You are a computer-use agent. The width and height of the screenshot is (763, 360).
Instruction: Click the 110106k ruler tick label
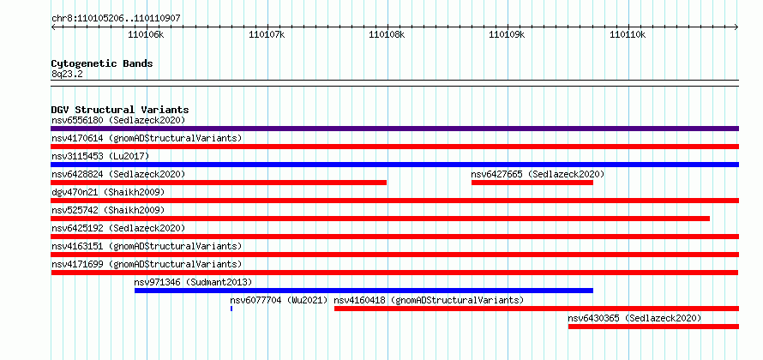146,34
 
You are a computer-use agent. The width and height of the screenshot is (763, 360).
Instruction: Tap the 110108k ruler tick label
387,34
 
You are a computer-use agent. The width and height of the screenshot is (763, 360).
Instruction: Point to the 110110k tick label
628,34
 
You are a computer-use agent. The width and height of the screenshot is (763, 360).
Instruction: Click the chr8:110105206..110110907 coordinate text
116,19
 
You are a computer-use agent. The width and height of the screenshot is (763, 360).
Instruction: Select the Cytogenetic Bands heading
102,63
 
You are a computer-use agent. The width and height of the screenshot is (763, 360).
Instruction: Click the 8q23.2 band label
67,74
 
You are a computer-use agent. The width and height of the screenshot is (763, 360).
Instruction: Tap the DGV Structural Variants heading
120,110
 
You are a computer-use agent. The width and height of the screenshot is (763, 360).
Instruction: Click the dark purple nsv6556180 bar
394,129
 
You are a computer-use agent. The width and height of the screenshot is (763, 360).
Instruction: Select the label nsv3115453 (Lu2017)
100,156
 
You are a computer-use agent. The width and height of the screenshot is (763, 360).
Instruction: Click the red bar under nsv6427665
532,183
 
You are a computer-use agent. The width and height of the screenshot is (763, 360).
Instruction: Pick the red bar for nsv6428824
219,183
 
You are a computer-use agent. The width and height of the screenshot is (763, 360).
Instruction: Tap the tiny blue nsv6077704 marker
231,309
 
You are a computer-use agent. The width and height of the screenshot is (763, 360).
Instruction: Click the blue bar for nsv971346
364,291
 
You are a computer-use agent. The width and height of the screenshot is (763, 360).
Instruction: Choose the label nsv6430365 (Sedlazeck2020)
634,318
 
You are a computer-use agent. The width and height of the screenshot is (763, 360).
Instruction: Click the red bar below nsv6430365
653,327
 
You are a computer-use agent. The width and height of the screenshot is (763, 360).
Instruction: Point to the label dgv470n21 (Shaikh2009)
108,192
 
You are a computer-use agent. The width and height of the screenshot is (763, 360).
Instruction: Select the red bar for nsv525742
380,219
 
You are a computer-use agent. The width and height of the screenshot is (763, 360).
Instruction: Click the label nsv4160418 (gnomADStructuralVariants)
429,300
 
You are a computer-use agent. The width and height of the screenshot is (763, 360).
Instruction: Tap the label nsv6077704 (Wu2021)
279,300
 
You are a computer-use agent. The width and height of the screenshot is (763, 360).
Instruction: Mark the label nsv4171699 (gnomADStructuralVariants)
147,264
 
